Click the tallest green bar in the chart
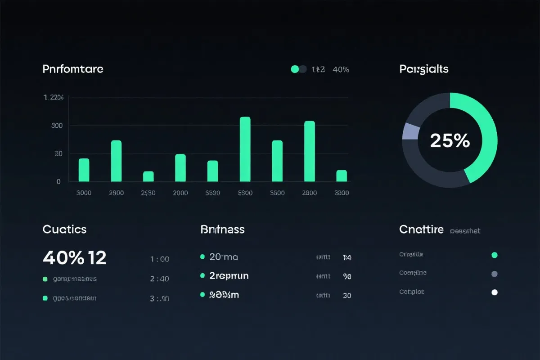pos(245,149)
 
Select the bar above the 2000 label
pos(180,167)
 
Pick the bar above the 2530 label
pos(148,176)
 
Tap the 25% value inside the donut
pos(450,141)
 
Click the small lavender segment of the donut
pos(410,131)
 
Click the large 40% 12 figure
pos(74,257)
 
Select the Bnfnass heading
pos(222,229)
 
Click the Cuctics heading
pos(64,229)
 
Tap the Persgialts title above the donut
pos(423,69)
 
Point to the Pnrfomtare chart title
pos(73,69)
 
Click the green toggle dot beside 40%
pos(295,69)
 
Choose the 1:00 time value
pos(159,259)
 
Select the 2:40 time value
pos(159,279)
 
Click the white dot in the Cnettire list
pos(495,292)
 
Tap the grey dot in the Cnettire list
pos(495,274)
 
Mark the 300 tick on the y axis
pos(57,126)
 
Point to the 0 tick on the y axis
pos(58,182)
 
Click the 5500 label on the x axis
pos(245,193)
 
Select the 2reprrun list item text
pos(229,276)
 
